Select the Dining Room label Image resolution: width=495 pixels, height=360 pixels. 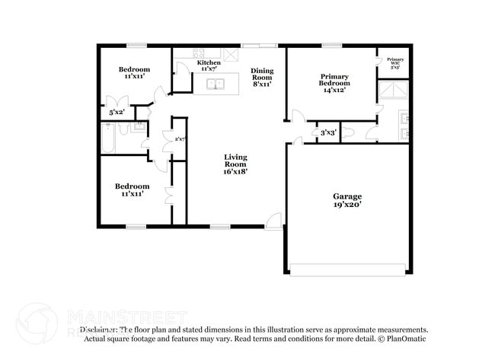pyautogui.click(x=262, y=74)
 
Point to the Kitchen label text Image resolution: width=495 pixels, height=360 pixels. pyautogui.click(x=209, y=62)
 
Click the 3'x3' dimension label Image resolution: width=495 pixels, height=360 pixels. pyautogui.click(x=328, y=133)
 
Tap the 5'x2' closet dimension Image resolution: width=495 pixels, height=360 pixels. pyautogui.click(x=117, y=113)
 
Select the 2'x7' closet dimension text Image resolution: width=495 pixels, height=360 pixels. pyautogui.click(x=180, y=139)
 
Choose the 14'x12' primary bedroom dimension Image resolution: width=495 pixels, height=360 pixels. pyautogui.click(x=334, y=90)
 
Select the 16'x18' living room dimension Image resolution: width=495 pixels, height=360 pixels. pyautogui.click(x=235, y=171)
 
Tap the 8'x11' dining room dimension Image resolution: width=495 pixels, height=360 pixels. pyautogui.click(x=262, y=84)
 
